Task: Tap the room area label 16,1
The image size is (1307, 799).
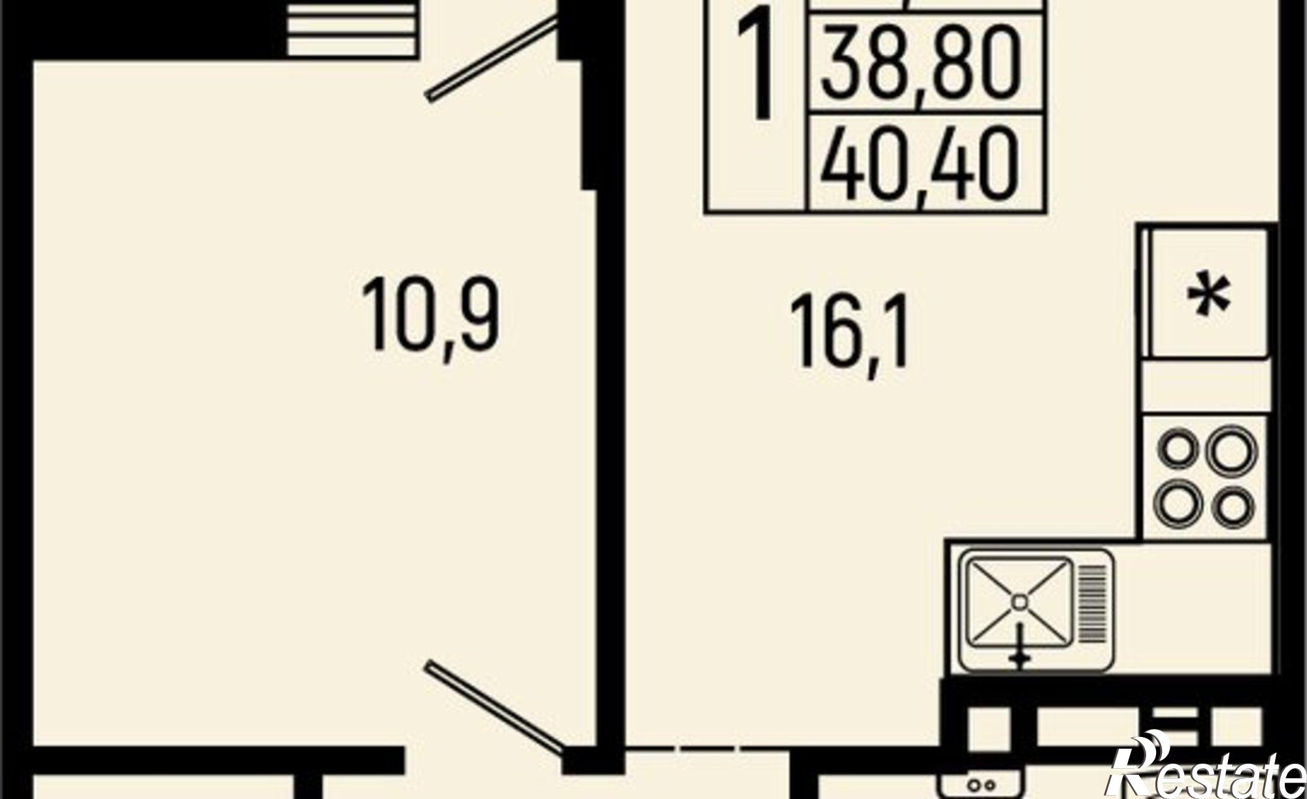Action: click(850, 340)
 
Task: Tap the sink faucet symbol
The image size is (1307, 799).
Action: click(1020, 653)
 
